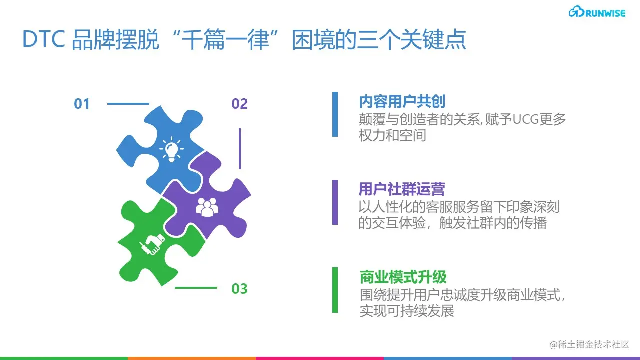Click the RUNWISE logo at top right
[x=597, y=12]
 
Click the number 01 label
[x=82, y=104]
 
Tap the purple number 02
[x=239, y=104]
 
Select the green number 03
[x=239, y=289]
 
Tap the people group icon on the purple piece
[x=207, y=207]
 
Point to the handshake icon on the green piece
[x=152, y=243]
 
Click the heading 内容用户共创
[x=402, y=102]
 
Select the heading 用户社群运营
[x=401, y=189]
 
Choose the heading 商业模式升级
[x=403, y=277]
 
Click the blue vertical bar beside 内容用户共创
[x=335, y=114]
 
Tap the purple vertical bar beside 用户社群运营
[x=335, y=202]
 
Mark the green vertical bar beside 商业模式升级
[x=335, y=290]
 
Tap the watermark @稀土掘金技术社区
[x=589, y=345]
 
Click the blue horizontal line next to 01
[x=128, y=104]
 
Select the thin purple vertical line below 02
[x=240, y=148]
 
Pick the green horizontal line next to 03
[x=195, y=288]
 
